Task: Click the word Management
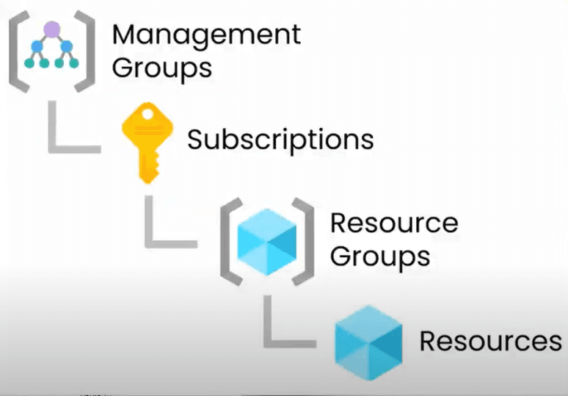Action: point(206,35)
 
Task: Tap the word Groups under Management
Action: point(162,68)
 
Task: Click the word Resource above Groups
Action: point(394,223)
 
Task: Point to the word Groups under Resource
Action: point(379,256)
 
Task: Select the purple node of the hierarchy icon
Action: point(51,29)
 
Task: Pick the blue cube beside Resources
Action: point(368,340)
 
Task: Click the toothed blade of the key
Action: point(147,165)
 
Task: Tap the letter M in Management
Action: point(125,35)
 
